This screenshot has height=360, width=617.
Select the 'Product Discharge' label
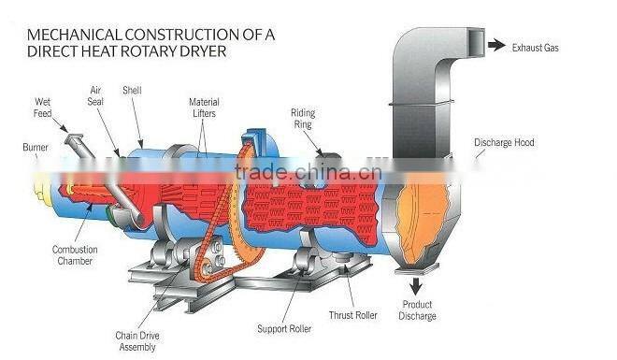coord(418,310)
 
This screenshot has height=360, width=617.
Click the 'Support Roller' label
coord(283,328)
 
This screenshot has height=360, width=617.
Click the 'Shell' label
coord(131,91)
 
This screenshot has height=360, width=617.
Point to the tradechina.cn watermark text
coord(308,172)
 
